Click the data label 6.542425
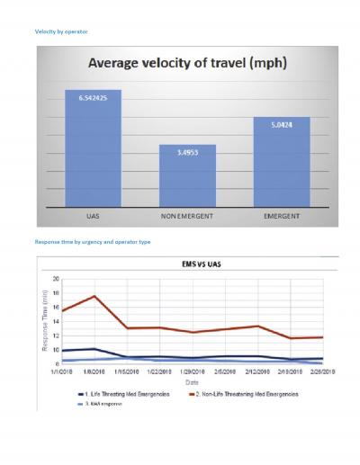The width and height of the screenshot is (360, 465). click(x=93, y=95)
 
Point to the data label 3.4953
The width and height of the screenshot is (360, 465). click(x=186, y=150)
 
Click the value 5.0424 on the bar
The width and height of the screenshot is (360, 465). click(x=280, y=123)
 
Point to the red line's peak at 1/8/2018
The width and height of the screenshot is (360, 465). click(x=94, y=296)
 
